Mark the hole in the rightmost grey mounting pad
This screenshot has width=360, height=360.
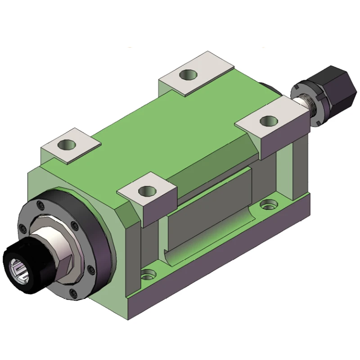click(x=269, y=120)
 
